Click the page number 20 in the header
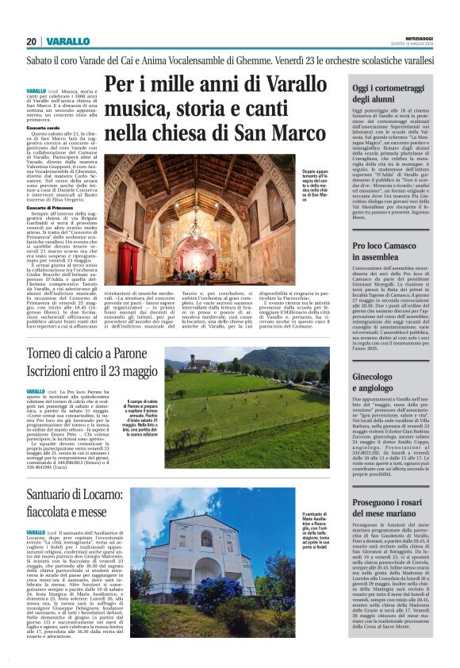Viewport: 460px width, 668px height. (31, 41)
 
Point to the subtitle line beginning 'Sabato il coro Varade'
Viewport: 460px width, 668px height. (230, 60)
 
